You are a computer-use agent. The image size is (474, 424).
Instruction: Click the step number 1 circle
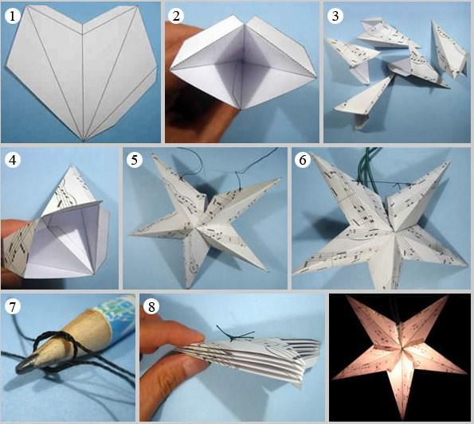pyautogui.click(x=12, y=16)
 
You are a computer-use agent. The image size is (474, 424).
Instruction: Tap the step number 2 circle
pyautogui.click(x=176, y=16)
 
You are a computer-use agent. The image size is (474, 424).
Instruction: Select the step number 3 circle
pyautogui.click(x=335, y=16)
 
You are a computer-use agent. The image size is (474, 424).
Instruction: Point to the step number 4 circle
pyautogui.click(x=12, y=160)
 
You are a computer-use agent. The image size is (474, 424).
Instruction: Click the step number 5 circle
pyautogui.click(x=134, y=159)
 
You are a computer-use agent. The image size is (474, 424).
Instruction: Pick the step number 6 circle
pyautogui.click(x=303, y=160)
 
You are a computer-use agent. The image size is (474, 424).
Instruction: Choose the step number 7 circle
pyautogui.click(x=12, y=306)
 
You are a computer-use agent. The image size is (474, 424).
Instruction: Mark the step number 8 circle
pyautogui.click(x=151, y=306)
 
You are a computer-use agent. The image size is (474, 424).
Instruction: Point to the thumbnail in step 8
pyautogui.click(x=194, y=365)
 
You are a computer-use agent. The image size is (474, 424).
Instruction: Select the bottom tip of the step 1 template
pyautogui.click(x=84, y=140)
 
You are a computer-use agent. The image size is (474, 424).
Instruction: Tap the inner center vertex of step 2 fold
pyautogui.click(x=240, y=62)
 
